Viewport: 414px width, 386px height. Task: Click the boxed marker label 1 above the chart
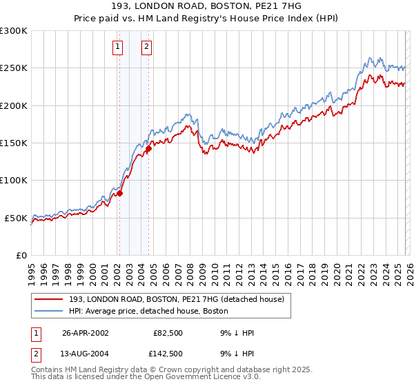point(118,47)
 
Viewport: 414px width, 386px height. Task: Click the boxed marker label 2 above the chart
point(147,47)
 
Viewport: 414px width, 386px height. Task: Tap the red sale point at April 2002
point(119,193)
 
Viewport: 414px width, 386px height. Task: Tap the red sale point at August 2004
point(148,148)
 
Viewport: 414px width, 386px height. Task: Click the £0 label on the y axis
point(21,255)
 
